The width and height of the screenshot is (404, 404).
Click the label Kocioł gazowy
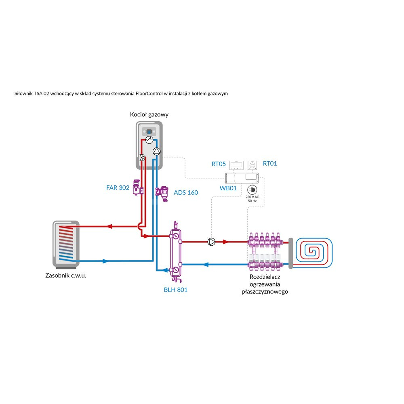pos(149,115)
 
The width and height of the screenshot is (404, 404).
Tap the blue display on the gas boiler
pos(149,132)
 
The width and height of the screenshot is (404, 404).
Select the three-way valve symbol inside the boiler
pos(142,158)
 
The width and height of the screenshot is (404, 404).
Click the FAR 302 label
pos(118,188)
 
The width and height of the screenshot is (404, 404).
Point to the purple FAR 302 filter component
pos(138,187)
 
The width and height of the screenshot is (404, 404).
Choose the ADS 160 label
pos(186,192)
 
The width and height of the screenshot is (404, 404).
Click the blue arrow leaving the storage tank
pos(105,261)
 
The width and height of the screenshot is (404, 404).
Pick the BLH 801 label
pos(175,290)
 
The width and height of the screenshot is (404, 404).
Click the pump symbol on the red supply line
pos(211,242)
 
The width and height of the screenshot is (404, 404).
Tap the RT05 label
pos(219,164)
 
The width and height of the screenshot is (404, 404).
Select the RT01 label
pos(270,164)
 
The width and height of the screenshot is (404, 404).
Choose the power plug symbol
pos(252,189)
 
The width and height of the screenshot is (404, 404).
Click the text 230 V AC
pos(252,197)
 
